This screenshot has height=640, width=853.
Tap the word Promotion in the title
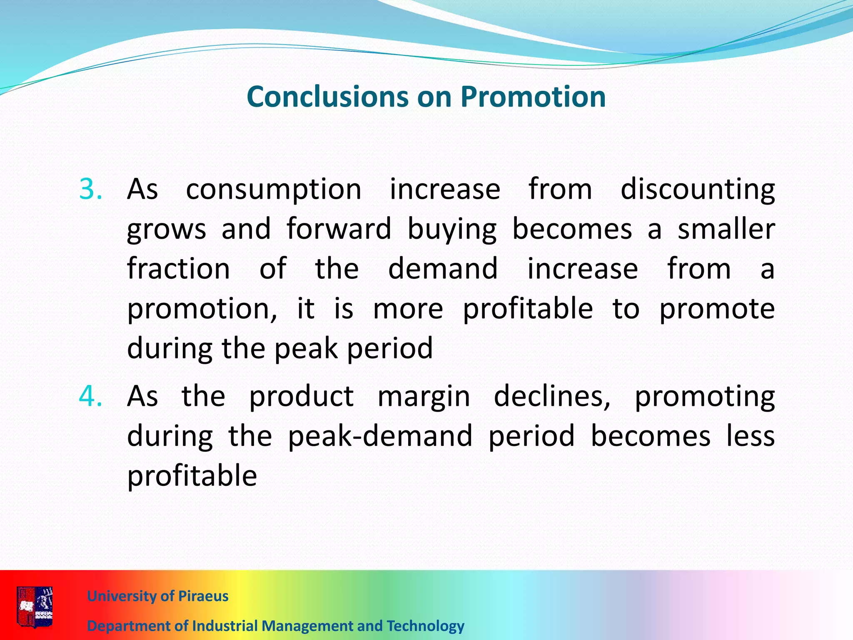point(533,97)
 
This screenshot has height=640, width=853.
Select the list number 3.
point(90,190)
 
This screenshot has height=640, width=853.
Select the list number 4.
point(90,396)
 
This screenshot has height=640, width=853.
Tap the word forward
point(339,229)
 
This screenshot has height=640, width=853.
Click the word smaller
point(726,229)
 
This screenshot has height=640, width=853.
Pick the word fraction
point(179,269)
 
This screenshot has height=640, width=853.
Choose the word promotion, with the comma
point(202,310)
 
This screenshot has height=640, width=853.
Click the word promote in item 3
point(717,310)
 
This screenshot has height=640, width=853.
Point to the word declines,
point(552,396)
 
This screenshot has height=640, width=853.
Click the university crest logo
point(35,607)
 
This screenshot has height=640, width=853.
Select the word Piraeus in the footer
point(203,596)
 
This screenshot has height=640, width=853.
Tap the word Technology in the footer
point(425,626)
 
